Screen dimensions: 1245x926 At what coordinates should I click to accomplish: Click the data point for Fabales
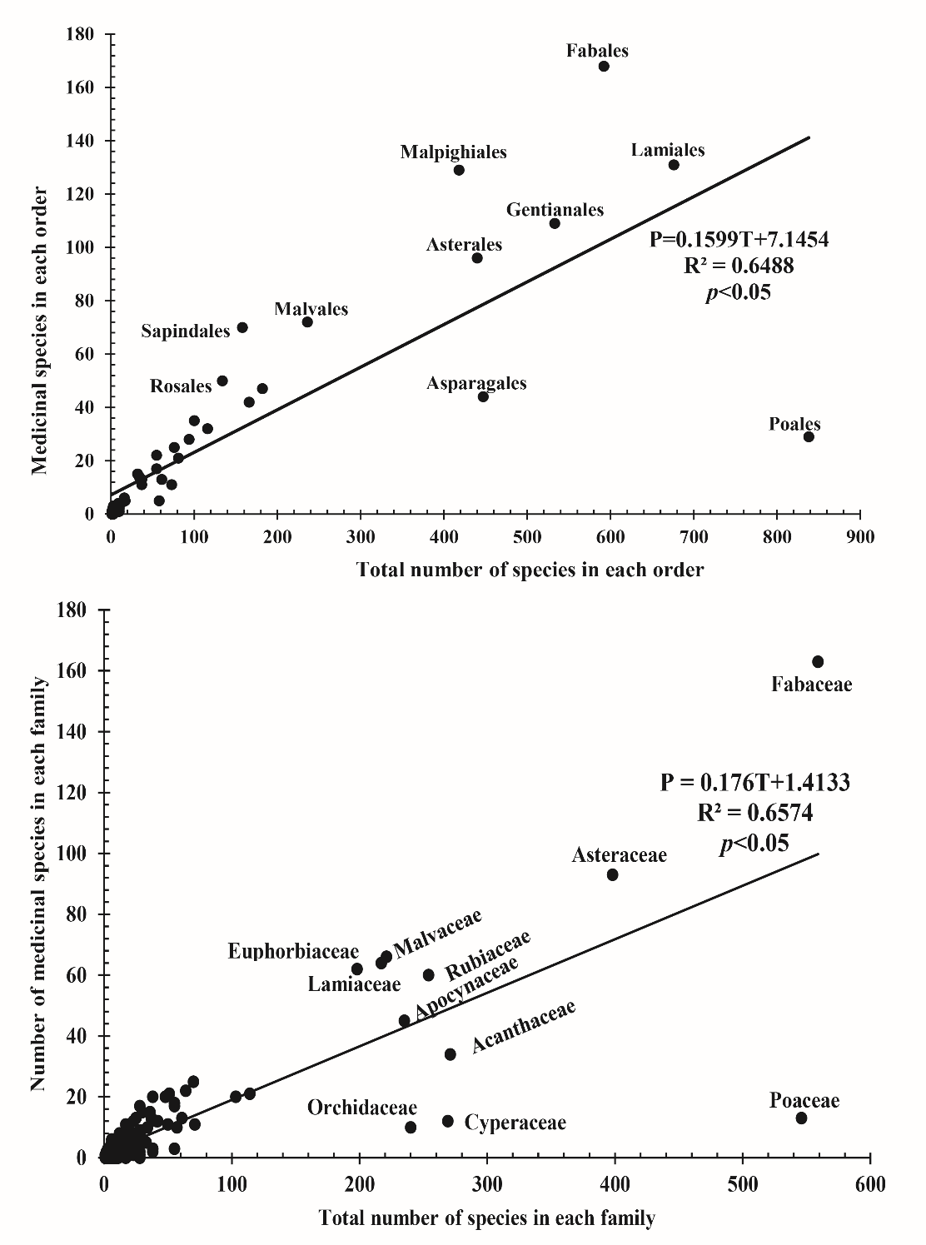[604, 67]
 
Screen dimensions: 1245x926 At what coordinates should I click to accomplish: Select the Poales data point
[809, 436]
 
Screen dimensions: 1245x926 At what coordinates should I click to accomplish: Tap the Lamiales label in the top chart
[668, 150]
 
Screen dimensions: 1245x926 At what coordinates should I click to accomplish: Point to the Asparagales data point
[483, 396]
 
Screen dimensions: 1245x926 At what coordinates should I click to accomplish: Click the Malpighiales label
[453, 152]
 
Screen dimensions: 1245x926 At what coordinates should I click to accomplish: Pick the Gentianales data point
[555, 223]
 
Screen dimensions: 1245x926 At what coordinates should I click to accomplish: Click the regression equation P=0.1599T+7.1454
[739, 240]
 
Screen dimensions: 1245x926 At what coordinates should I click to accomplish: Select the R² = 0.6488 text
[739, 266]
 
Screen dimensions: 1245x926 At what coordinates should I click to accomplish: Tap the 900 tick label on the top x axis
[860, 537]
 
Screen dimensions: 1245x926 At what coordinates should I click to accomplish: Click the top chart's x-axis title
[530, 570]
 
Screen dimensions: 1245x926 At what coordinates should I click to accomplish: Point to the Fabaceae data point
[818, 662]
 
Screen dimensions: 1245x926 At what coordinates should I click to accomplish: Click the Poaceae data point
[801, 1118]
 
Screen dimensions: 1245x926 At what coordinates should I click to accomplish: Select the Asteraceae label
[619, 855]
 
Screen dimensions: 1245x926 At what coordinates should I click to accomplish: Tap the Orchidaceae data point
[411, 1128]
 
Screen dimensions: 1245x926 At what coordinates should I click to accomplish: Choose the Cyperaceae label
[515, 1123]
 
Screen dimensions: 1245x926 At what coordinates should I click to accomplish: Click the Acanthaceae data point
[451, 1054]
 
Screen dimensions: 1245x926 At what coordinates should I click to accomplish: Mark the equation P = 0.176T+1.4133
[754, 783]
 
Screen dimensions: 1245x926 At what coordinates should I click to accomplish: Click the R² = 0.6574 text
[755, 813]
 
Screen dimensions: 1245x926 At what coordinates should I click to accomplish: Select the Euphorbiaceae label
[293, 951]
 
